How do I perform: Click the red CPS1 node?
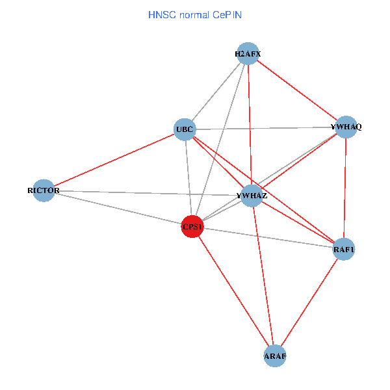point(192,227)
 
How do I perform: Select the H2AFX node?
point(248,54)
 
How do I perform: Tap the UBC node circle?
point(185,129)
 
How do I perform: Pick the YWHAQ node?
point(346,127)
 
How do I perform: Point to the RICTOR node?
point(44,190)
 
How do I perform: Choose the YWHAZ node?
point(252,195)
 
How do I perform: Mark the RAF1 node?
point(344,249)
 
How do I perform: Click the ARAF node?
point(275,356)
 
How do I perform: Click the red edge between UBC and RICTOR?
point(114,160)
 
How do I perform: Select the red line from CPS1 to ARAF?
point(233,291)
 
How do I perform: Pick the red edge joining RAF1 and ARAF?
point(309,302)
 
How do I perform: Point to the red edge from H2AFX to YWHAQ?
point(296,90)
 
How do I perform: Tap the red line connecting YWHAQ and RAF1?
point(345,188)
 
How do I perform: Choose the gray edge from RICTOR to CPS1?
point(118,209)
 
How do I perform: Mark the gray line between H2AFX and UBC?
point(216,92)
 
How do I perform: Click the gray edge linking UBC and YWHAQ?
point(265,128)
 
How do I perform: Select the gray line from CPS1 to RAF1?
point(268,238)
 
